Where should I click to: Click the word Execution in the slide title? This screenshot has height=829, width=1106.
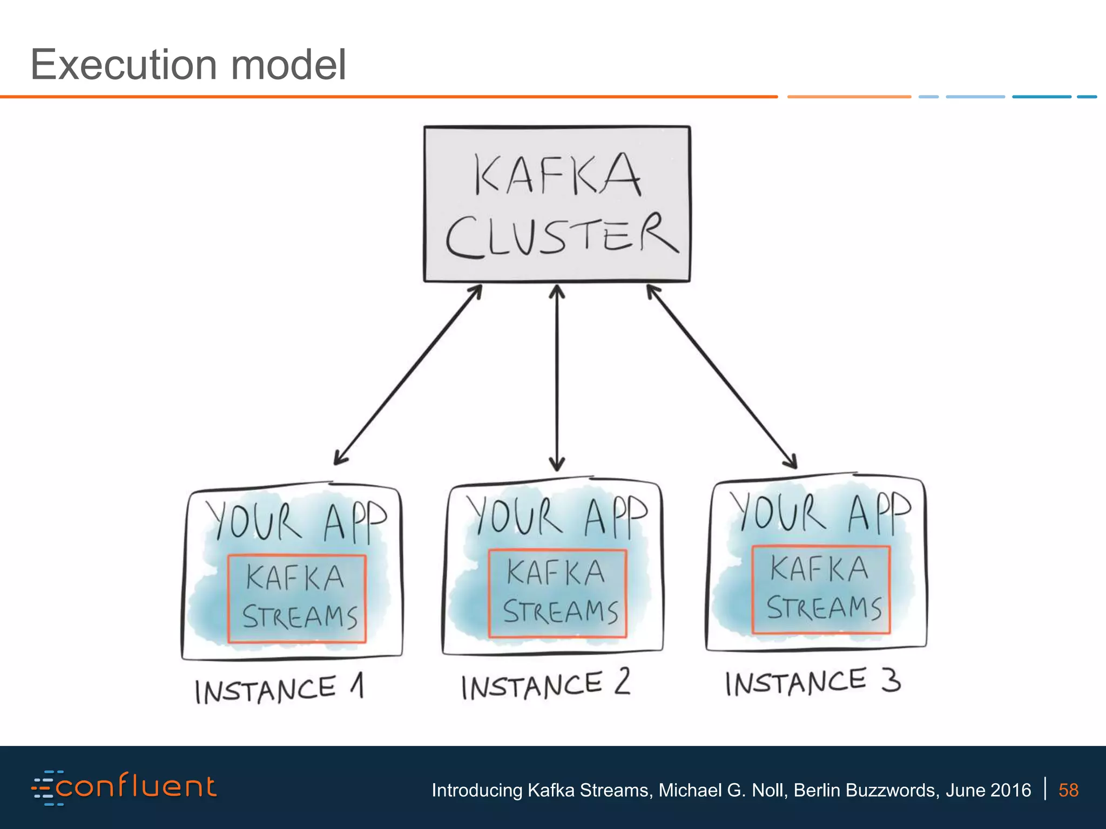124,65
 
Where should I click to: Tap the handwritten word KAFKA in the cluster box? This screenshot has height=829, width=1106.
557,174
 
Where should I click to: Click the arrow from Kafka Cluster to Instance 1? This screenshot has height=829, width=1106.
408,375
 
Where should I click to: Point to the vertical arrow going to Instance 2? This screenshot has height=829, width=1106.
557,378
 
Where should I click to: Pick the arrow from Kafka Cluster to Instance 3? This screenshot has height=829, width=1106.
721,376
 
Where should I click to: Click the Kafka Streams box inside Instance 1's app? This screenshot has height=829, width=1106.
297,599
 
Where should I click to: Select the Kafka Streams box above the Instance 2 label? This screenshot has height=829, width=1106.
557,593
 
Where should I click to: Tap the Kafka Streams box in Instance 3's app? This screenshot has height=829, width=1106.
821,589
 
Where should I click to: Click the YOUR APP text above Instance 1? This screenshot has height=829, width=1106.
296,521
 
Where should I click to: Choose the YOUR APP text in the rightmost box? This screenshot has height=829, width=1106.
820,513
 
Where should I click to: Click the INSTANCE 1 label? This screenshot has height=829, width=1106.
279,689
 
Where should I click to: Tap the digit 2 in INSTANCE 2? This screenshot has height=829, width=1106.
622,681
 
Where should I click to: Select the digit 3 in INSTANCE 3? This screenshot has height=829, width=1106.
891,680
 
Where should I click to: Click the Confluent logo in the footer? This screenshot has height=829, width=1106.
124,788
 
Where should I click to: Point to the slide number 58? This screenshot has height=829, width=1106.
1068,790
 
